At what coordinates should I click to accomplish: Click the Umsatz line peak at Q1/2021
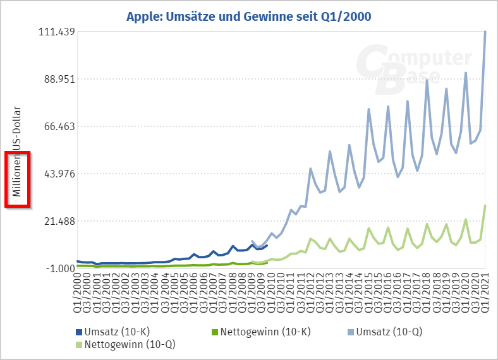(x=485, y=32)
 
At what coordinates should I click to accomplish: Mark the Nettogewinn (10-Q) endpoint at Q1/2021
(x=485, y=206)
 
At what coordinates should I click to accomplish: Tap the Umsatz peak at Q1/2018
(x=427, y=80)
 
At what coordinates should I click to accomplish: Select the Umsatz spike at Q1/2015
(x=369, y=109)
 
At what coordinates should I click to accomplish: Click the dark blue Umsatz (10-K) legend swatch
(x=79, y=332)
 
